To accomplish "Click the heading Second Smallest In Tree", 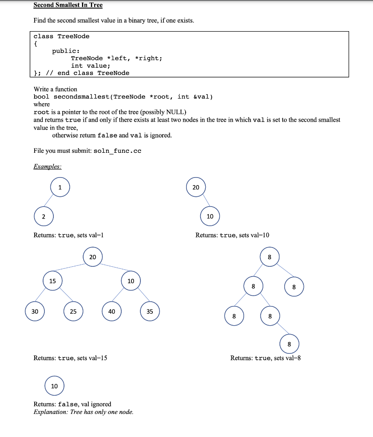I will click(68, 5).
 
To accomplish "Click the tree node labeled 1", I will click(60, 187).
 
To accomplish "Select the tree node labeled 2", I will click(43, 216).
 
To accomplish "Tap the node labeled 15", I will click(52, 281).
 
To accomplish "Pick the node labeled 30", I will click(35, 312).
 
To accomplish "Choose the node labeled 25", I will click(73, 312).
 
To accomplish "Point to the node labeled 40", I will click(112, 312).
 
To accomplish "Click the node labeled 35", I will click(150, 312).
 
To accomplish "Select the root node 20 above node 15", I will click(93, 257).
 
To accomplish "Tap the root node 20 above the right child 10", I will click(196, 187).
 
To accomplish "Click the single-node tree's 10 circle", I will click(54, 386).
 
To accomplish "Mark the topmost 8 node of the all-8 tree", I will click(269, 257).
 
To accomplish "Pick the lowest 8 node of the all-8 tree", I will click(289, 344).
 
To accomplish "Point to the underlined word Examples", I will click(47, 166).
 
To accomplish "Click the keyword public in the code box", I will click(64, 51).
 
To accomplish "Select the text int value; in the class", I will click(90, 65).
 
